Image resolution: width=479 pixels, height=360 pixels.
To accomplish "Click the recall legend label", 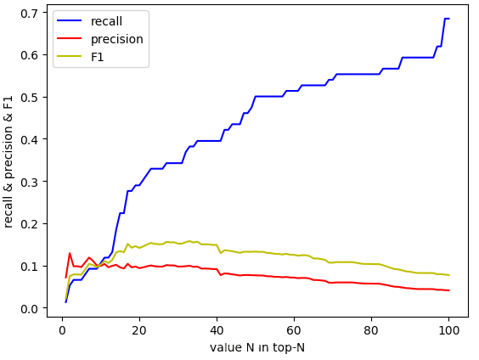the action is (106, 21).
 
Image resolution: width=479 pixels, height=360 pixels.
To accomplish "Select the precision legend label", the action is (117, 39).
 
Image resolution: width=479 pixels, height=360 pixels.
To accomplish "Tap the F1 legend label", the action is (98, 57).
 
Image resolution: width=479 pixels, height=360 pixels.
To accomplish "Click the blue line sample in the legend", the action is (70, 20).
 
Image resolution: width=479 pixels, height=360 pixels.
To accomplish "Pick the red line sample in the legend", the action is (70, 38).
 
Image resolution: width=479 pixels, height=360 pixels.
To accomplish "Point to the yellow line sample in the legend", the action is (70, 56).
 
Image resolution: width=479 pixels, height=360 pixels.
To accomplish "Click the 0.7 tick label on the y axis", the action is (30, 13).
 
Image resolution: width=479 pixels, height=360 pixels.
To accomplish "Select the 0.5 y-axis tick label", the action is (30, 98).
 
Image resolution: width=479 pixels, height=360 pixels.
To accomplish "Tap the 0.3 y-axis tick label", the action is (30, 183).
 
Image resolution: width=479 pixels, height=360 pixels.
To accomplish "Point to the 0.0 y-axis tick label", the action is (30, 309).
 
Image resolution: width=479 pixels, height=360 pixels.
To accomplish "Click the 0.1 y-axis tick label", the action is (30, 267).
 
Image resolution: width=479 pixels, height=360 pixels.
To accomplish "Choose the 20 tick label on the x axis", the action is (139, 330).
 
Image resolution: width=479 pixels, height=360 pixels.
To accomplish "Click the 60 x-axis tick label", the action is (294, 330).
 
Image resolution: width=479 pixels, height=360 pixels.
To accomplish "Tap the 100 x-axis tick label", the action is (448, 330).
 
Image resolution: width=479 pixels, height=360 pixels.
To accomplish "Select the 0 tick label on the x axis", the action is (62, 330).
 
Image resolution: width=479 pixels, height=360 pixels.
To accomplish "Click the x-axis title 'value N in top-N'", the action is (257, 347).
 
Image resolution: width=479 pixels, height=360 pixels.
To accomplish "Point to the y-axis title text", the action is (8, 161).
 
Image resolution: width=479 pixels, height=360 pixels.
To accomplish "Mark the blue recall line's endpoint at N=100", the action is (449, 19).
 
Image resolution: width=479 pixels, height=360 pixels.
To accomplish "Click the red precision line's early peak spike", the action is (70, 253).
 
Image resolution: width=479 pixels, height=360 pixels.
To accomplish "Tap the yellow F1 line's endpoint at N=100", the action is (449, 275).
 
